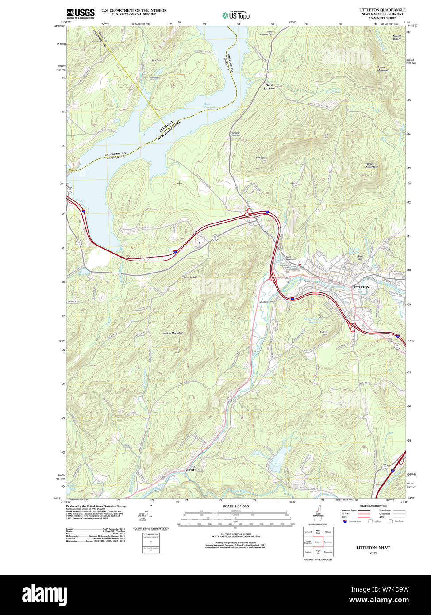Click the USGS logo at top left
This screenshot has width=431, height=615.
coord(80,14)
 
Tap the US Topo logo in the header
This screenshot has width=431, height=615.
coord(236,15)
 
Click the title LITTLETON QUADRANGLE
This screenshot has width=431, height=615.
coord(382,10)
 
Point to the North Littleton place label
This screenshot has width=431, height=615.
coord(269,86)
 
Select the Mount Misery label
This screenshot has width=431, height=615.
coord(396,38)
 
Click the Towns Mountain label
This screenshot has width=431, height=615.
coord(383,69)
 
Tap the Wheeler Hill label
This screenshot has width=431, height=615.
coord(262,159)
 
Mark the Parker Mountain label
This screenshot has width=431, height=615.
coord(371,165)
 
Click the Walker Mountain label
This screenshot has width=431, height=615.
coord(173,333)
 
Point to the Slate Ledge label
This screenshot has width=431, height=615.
coord(190,277)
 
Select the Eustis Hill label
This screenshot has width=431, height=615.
coord(323,332)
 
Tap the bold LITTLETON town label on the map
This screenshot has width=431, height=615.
coord(360,287)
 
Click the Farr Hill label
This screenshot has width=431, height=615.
coord(326,136)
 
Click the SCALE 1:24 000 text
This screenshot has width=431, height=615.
coord(235,506)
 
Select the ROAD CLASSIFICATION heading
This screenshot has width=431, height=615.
coord(373,506)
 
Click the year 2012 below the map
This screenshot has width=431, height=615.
coord(373,553)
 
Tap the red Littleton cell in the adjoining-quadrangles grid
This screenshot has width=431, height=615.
coord(318,541)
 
